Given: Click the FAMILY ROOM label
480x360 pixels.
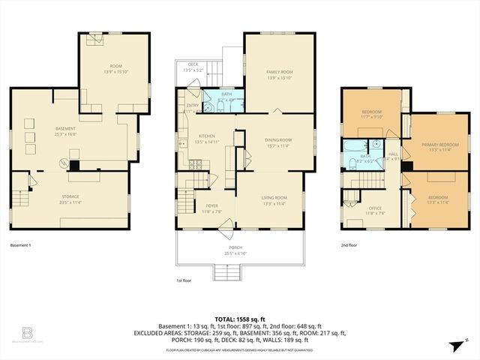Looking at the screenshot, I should coord(280,72).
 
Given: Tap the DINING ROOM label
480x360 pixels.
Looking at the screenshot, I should coord(278,139).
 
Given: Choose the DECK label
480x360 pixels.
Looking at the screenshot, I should coord(193,65).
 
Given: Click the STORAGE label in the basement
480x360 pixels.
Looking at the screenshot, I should coord(70,196).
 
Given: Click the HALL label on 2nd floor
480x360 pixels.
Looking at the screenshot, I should coord(393,154).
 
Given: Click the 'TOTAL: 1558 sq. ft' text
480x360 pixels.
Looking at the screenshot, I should coord(240,319).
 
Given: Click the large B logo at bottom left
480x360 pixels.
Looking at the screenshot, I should coord(28,331).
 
